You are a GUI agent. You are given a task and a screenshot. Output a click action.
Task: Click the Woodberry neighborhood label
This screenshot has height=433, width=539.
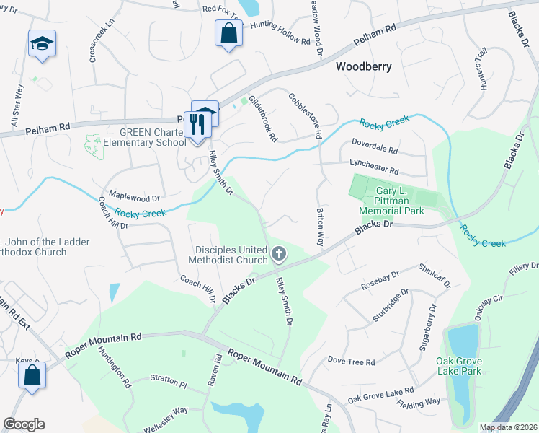(364, 66)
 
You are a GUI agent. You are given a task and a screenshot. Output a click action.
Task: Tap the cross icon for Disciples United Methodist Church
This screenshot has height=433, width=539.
(279, 254)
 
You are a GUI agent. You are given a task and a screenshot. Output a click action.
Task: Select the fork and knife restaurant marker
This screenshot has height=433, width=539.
(195, 123)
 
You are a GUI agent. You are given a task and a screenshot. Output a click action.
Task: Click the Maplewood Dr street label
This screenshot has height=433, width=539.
(133, 196)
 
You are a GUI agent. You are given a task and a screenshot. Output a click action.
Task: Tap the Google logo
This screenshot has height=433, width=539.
(24, 424)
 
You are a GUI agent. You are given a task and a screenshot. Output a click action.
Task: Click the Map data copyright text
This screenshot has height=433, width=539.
(507, 427)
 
